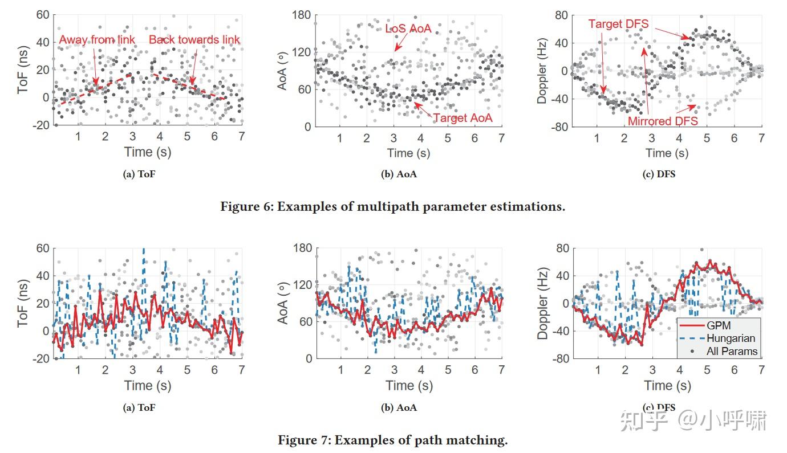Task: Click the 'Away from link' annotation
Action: (98, 40)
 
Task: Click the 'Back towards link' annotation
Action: (194, 40)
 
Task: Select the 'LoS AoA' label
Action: (408, 28)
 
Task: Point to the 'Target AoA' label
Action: (463, 118)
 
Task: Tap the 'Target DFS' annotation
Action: (618, 25)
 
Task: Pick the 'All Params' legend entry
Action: (732, 351)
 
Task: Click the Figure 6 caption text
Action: (392, 206)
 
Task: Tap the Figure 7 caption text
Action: (392, 440)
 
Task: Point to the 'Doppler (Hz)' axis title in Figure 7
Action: (542, 303)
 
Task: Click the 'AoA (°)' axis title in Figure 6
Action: (282, 71)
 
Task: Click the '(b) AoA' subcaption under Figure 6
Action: (399, 174)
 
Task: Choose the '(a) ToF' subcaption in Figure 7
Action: (139, 407)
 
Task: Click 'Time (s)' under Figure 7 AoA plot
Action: (408, 386)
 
